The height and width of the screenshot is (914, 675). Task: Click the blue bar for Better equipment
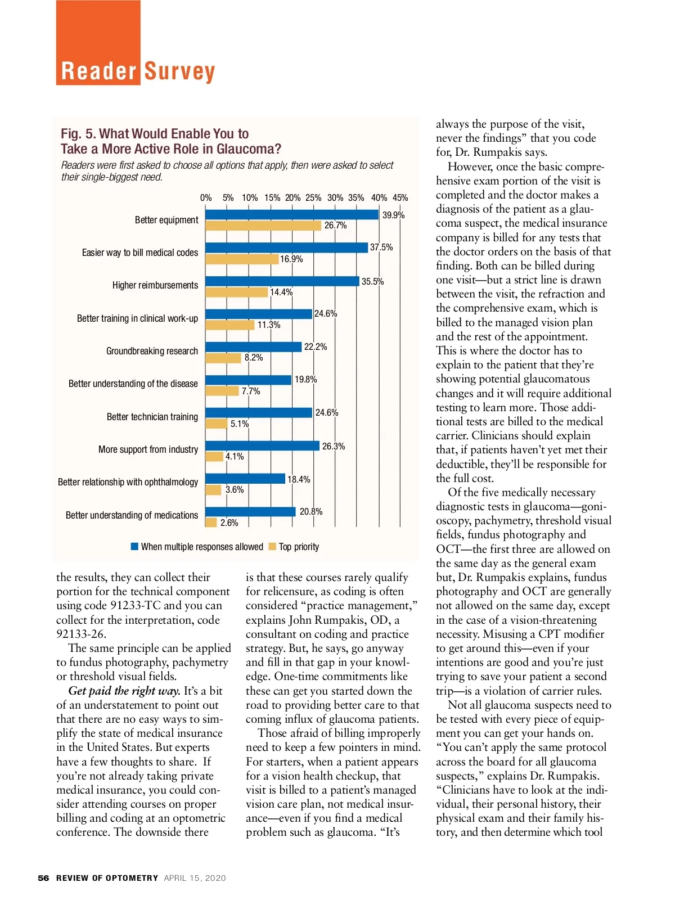click(292, 214)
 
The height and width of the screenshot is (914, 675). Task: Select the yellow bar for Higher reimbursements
click(237, 292)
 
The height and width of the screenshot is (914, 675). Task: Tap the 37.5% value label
click(381, 247)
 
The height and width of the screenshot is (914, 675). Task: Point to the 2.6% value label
click(229, 523)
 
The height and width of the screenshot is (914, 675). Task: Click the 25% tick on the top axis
click(313, 198)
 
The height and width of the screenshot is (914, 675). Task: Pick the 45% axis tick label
click(400, 198)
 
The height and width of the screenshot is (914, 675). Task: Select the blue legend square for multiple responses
click(134, 547)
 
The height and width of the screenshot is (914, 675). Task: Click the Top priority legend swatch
click(273, 547)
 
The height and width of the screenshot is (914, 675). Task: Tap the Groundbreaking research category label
click(152, 351)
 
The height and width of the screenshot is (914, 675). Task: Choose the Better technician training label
click(152, 417)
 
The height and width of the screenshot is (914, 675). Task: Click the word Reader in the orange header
click(99, 72)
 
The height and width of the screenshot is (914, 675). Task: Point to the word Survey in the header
click(179, 72)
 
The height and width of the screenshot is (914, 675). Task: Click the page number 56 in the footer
click(43, 878)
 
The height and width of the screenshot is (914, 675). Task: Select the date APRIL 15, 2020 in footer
click(195, 878)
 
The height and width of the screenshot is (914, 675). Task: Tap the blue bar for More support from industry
click(262, 445)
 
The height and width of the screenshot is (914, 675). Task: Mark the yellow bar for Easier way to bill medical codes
click(242, 259)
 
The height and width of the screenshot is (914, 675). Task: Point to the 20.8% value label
click(311, 512)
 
